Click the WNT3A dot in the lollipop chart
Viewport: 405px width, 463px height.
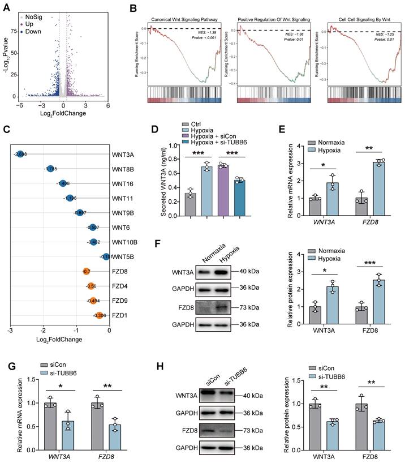point(20,153)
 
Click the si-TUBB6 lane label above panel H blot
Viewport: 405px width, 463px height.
point(229,382)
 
